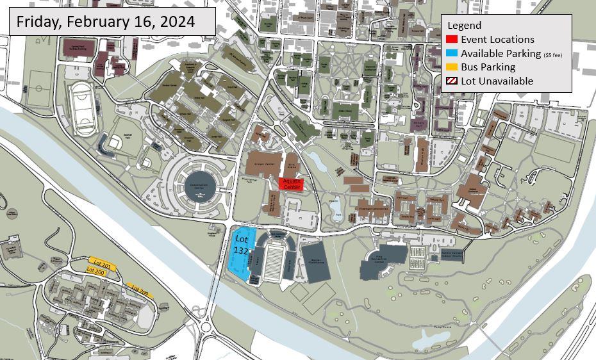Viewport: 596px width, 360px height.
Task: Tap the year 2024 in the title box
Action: (176, 22)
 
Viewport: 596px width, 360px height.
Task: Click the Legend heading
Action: (464, 26)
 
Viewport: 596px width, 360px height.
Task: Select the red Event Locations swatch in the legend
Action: (452, 40)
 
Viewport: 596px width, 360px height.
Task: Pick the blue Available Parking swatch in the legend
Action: (452, 54)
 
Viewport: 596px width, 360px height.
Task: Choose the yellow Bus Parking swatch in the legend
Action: (452, 67)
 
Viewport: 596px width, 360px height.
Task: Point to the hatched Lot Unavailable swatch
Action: (452, 81)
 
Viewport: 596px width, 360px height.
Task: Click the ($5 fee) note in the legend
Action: (552, 55)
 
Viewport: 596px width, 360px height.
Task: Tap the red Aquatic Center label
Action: (292, 184)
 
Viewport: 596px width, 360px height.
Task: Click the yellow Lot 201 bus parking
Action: (103, 264)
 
